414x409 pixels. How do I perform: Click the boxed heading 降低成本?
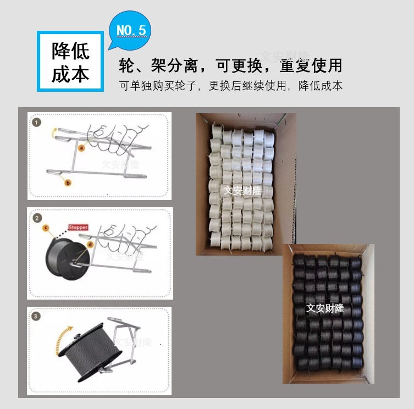click(70, 62)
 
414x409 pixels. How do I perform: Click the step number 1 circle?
click(37, 123)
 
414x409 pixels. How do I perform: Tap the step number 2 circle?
click(37, 218)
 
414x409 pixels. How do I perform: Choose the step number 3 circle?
click(37, 316)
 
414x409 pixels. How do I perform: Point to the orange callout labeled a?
click(81, 147)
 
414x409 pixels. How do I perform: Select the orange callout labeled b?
click(69, 182)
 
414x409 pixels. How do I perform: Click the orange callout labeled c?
click(46, 226)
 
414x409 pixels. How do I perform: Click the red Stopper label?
click(77, 226)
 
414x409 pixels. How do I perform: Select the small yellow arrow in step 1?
click(54, 130)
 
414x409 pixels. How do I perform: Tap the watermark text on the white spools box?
click(242, 190)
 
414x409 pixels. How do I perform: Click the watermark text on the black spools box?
click(325, 308)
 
